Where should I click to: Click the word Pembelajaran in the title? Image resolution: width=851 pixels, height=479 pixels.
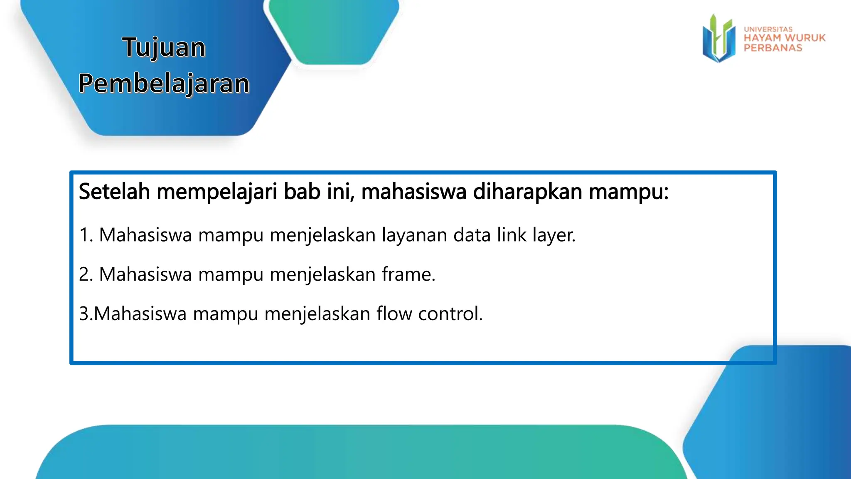pos(164,83)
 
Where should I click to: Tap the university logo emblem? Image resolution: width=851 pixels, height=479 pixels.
pos(718,39)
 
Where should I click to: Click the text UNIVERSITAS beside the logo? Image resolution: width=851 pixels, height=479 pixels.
pos(768,29)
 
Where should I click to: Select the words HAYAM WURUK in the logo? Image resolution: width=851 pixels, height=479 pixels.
pos(785,38)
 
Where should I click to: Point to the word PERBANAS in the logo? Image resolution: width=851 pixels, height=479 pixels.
pos(773,48)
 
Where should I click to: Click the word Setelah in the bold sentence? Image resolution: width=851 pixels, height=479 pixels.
pos(114,192)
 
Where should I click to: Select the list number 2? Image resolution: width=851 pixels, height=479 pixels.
pos(85,274)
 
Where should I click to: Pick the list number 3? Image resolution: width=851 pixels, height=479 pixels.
pos(84,314)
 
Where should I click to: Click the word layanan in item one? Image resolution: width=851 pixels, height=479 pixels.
pos(414,235)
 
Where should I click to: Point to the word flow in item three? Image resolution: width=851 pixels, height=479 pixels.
pos(394,314)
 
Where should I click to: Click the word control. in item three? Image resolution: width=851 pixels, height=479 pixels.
pos(450,314)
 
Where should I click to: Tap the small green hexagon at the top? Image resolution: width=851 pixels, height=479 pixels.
pos(332,31)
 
